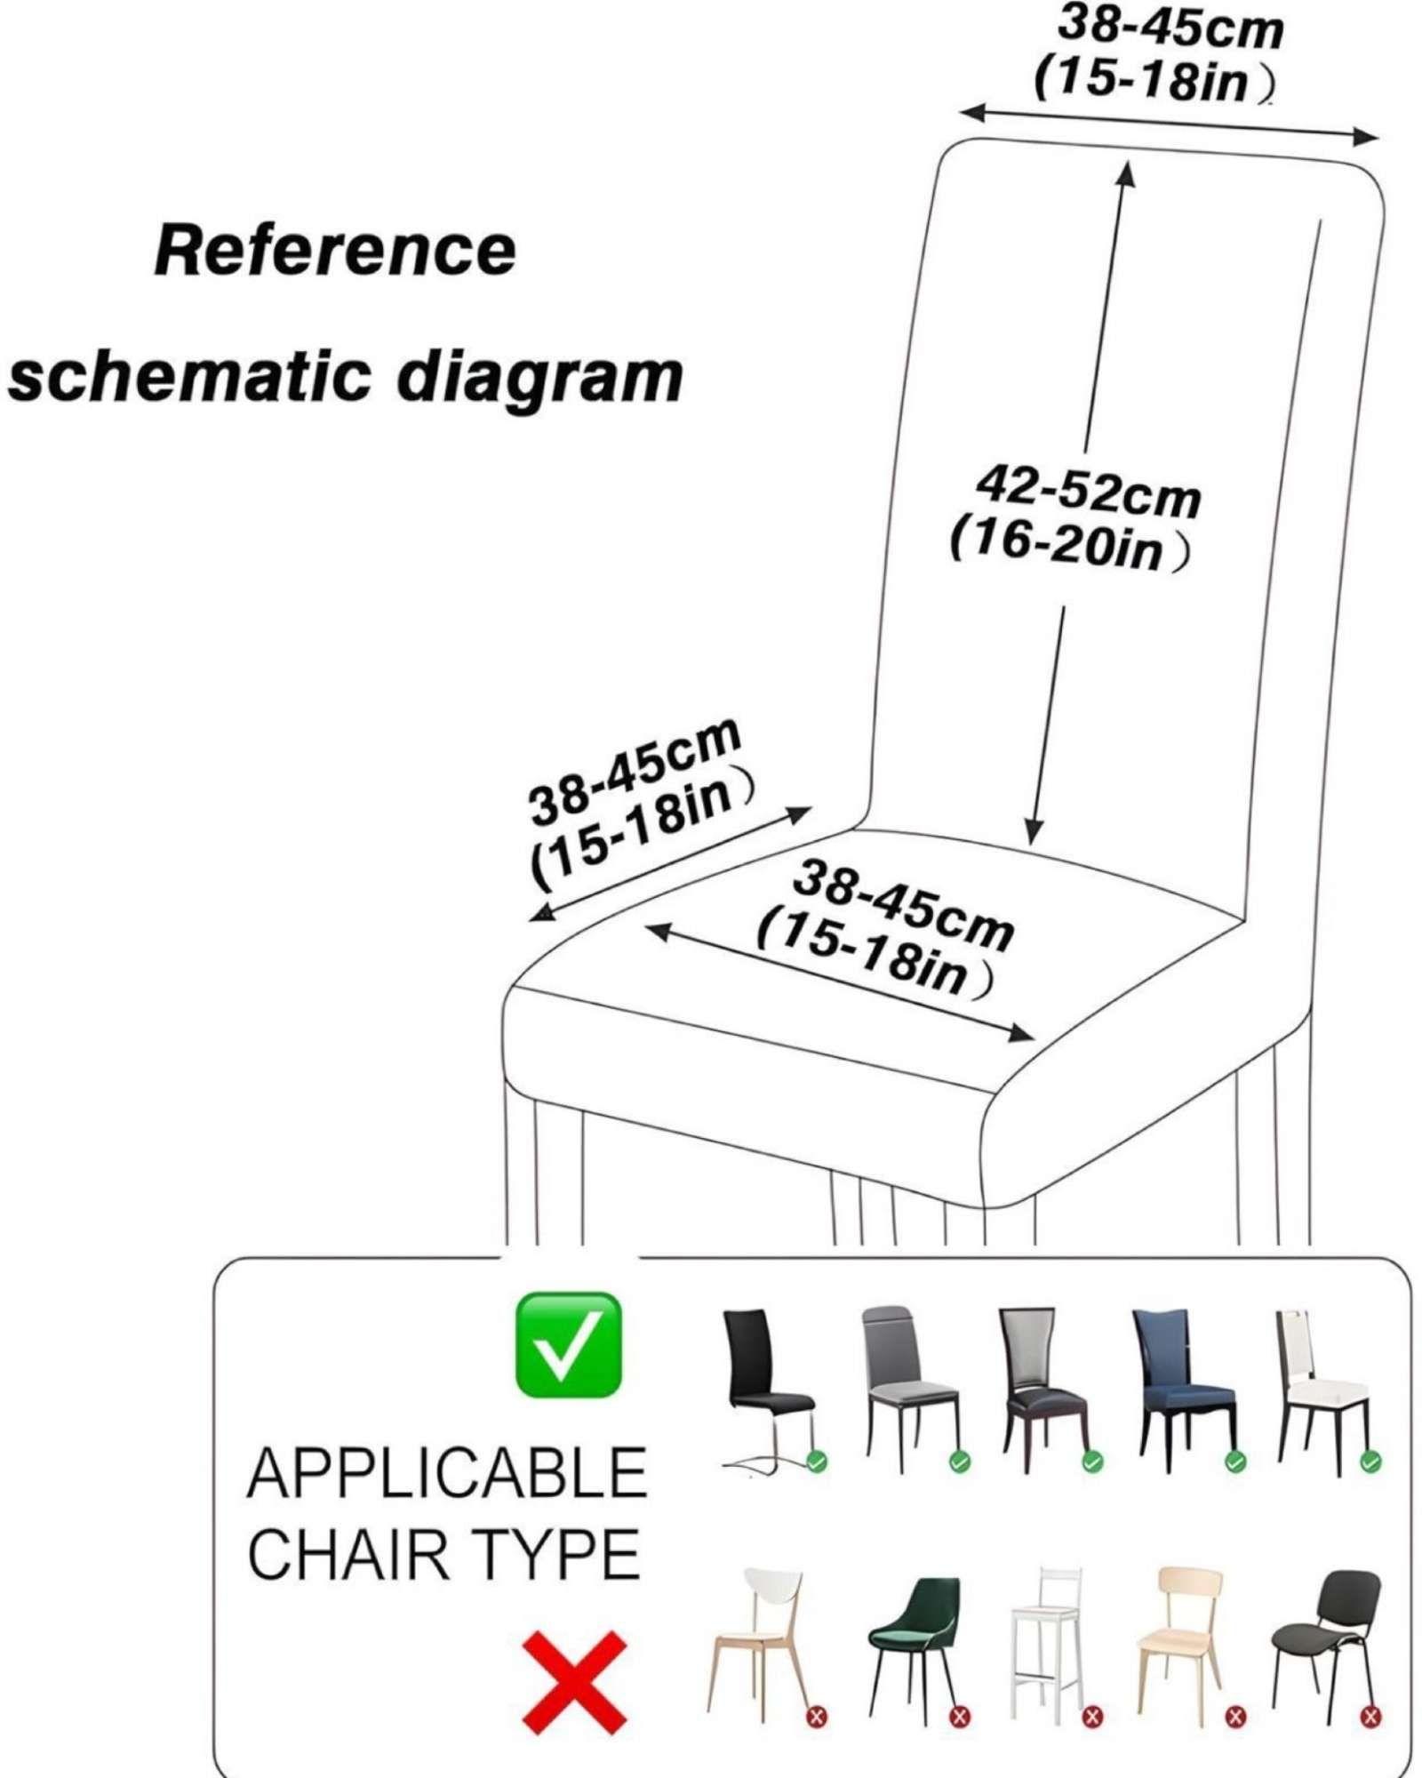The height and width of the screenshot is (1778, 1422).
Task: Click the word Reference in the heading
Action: [x=335, y=251]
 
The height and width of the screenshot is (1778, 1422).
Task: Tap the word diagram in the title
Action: [x=539, y=378]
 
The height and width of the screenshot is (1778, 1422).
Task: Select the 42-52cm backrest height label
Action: [x=1088, y=492]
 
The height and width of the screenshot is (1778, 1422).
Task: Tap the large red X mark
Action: [x=575, y=1682]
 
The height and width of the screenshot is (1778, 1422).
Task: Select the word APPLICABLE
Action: [x=446, y=1474]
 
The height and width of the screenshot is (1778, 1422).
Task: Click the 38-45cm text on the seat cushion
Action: [x=902, y=907]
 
